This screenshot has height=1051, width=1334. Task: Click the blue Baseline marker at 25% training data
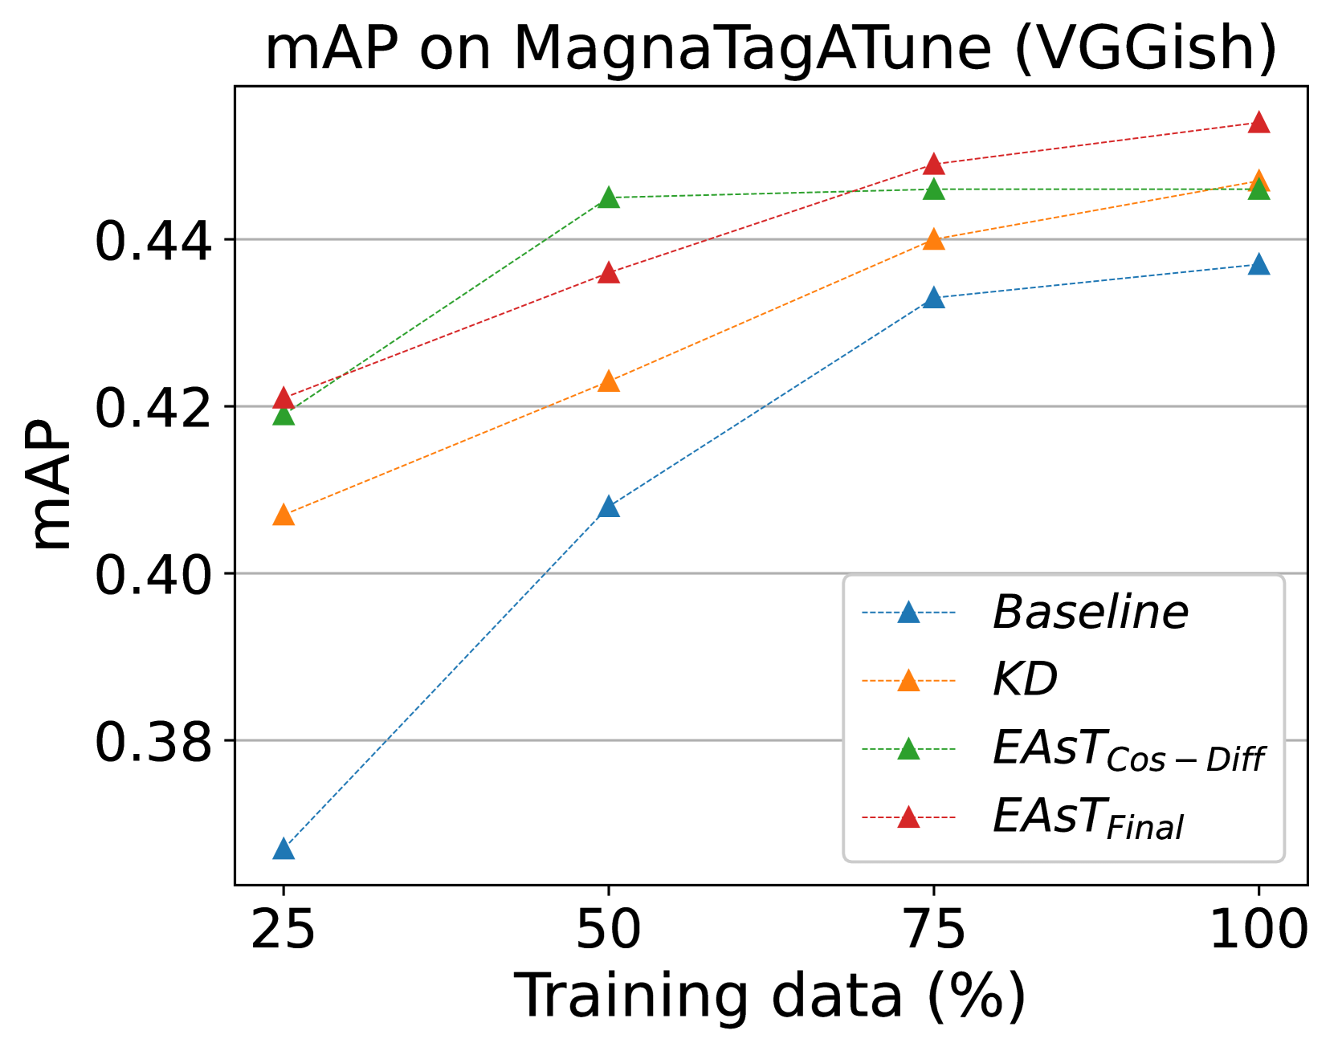284,849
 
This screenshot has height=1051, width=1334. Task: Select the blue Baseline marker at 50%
609,507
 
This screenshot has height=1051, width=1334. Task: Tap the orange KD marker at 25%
284,515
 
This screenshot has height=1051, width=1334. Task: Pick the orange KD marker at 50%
609,381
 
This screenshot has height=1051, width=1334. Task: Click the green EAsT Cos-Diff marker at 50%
609,198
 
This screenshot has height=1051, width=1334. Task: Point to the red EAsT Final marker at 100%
1259,122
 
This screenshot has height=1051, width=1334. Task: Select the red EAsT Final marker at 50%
609,273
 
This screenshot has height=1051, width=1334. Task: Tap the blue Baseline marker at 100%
1259,264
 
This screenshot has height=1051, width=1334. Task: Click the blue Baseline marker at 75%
933,298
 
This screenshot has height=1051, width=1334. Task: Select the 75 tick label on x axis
933,931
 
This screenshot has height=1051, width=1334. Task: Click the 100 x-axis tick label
1259,931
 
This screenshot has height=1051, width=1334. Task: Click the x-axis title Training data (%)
770,997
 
